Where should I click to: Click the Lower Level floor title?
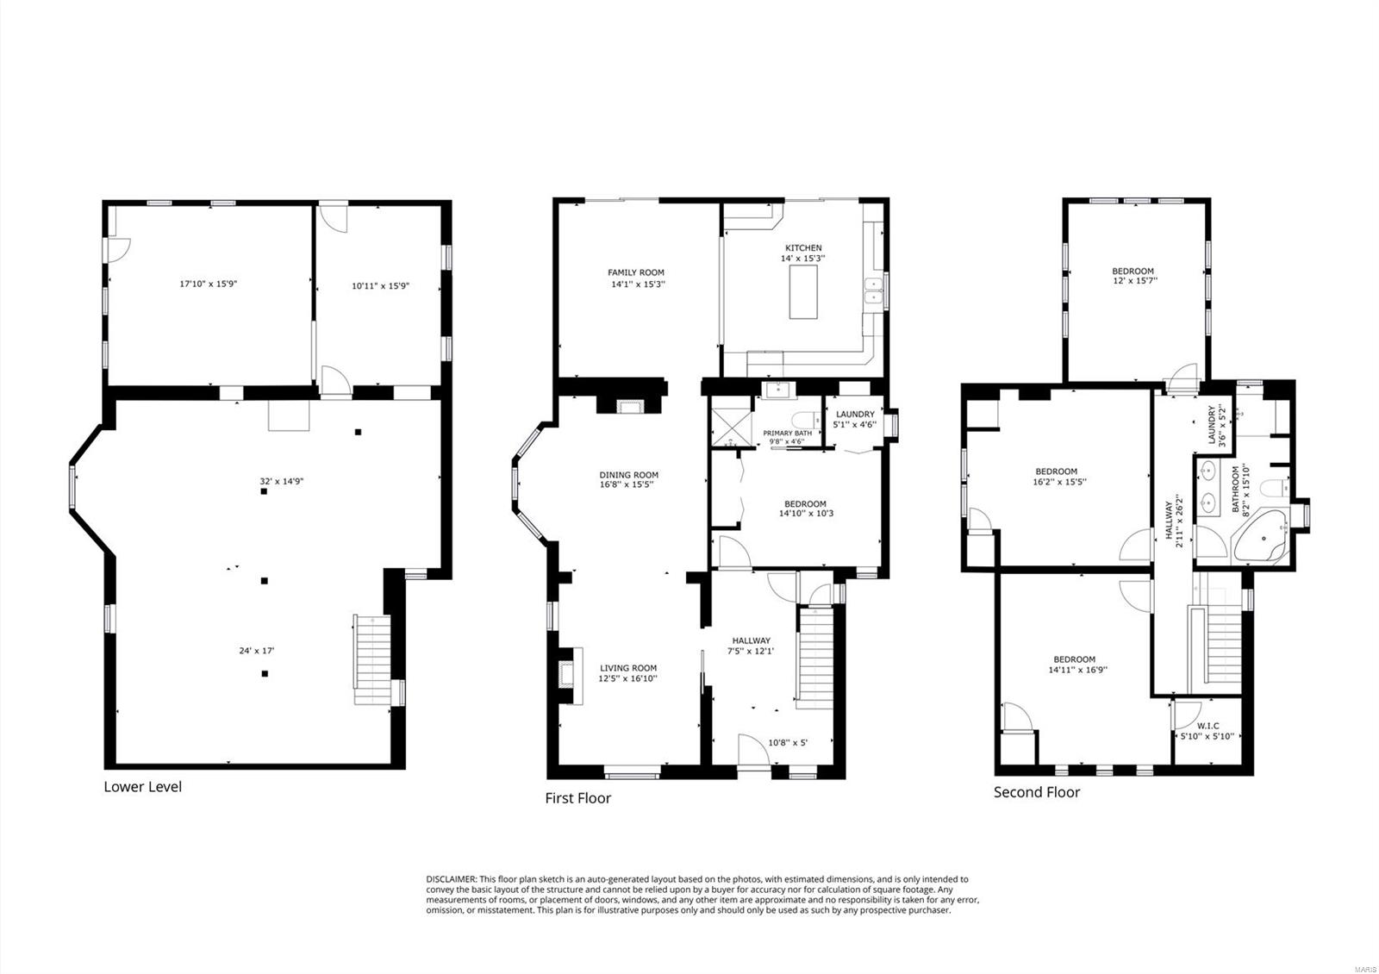142,787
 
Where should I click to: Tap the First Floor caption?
577,798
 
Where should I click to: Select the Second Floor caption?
1036,792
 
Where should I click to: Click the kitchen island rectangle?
803,292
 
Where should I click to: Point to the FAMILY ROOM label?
636,272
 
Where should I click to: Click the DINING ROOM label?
628,475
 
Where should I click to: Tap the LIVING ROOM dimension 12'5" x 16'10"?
628,678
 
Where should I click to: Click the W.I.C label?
1207,726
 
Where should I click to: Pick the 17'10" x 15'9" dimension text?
208,284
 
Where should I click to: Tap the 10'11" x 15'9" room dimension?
379,286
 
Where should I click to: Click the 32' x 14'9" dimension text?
281,482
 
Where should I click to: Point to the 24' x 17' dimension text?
256,652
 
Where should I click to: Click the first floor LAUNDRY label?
854,415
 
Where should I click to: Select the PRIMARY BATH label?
786,434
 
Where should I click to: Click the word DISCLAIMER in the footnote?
451,879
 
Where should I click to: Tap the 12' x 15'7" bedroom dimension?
1133,280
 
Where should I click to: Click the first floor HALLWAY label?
751,640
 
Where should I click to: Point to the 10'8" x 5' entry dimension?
787,742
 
